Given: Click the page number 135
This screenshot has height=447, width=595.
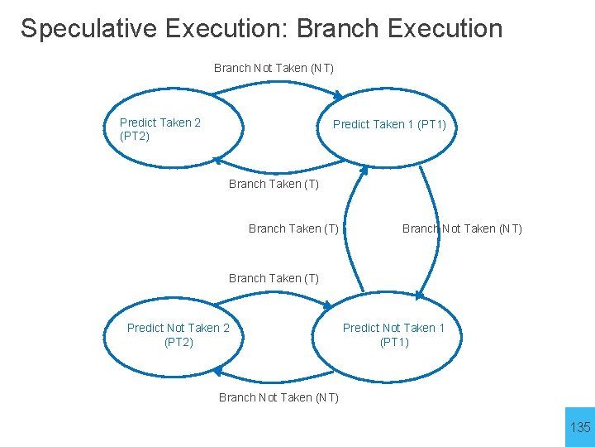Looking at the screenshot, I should (x=580, y=427).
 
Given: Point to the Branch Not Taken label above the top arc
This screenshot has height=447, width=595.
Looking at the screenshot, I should (x=274, y=68).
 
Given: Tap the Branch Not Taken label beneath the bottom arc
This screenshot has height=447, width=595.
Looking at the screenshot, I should (x=278, y=397).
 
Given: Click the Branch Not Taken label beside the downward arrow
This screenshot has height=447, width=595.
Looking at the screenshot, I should (x=462, y=228).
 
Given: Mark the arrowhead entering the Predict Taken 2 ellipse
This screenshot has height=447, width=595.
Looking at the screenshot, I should (x=218, y=161).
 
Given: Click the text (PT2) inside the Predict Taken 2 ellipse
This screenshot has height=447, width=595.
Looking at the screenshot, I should (x=135, y=136).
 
